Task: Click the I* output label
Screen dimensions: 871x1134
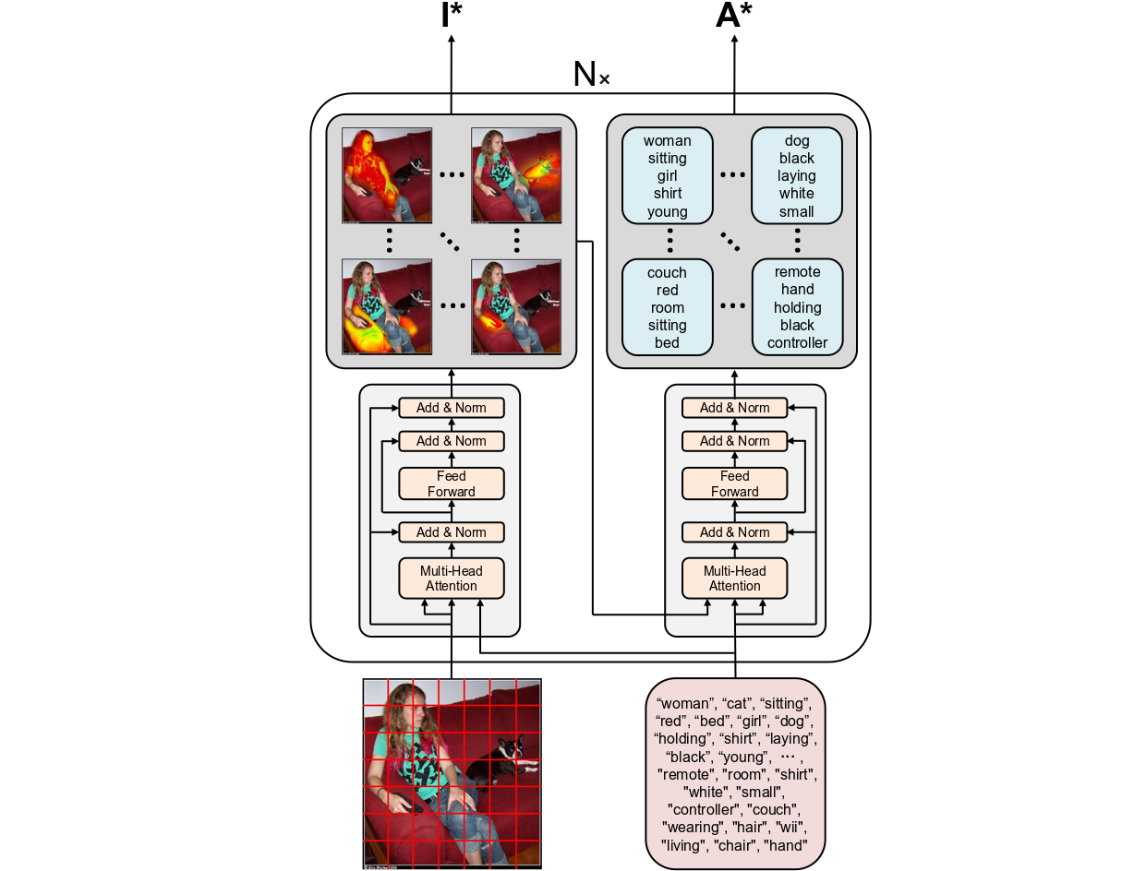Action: coord(451,16)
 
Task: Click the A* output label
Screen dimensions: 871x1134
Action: coord(735,16)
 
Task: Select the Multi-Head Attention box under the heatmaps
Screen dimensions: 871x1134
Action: coord(452,579)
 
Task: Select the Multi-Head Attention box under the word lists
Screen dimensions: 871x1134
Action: coord(735,579)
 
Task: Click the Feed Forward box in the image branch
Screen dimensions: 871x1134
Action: coord(452,483)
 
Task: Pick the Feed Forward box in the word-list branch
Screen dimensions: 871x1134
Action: coord(735,483)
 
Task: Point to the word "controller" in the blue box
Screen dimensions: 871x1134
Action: coord(797,343)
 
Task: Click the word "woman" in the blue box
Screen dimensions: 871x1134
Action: coord(668,141)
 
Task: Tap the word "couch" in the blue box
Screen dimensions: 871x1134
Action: coord(667,273)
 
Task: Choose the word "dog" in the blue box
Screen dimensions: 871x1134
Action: coord(797,141)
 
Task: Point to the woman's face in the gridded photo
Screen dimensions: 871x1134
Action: coord(413,709)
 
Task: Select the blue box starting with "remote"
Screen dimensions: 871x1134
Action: coord(797,307)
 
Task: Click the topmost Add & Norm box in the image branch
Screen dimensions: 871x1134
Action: coord(452,408)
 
